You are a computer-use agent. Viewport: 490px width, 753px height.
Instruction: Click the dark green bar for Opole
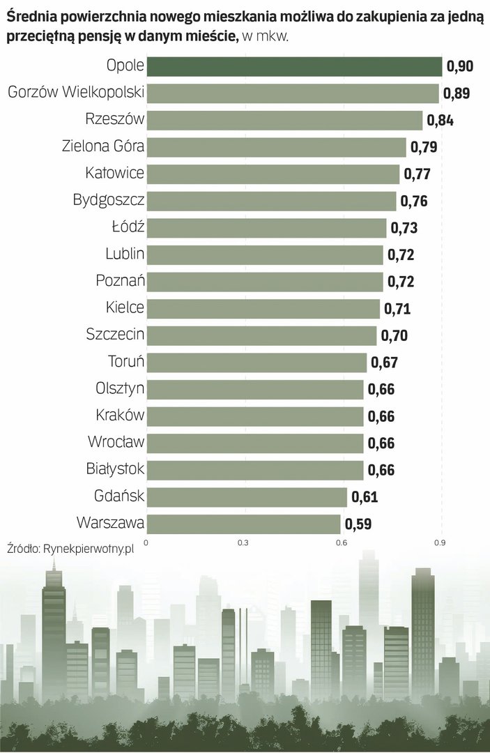pos(294,66)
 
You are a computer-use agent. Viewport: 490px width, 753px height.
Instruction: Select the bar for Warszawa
pos(243,524)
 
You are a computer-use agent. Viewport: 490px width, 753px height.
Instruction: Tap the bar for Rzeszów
pos(284,120)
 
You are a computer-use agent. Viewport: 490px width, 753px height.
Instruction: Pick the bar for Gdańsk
pos(247,497)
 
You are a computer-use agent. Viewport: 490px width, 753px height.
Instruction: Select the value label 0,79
pos(424,147)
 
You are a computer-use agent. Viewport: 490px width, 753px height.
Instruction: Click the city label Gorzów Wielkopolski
pos(75,93)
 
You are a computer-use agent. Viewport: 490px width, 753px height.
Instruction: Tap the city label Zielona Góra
pos(102,146)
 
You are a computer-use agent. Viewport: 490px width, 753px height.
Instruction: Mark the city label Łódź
pos(128,227)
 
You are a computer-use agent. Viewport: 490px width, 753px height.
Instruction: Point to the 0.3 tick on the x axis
pos(243,542)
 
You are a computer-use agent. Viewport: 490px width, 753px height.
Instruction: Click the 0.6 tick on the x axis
pos(342,542)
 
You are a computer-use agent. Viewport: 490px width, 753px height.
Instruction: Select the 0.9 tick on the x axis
pos(440,542)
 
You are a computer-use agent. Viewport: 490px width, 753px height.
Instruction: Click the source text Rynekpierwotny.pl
pos(88,549)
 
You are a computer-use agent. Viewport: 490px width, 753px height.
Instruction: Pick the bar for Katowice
pos(273,174)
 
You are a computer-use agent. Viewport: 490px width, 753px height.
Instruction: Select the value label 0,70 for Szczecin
pos(395,335)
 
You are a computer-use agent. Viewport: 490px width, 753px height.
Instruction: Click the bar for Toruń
pos(257,363)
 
